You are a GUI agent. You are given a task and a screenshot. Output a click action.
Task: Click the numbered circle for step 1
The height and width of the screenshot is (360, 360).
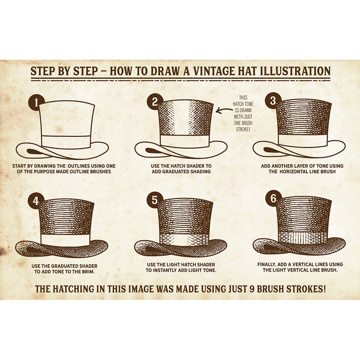coord(36,102)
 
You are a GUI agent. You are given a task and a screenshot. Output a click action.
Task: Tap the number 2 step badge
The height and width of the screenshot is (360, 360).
coord(155,102)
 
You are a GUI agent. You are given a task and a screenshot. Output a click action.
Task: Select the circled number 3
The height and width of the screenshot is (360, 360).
coord(273,101)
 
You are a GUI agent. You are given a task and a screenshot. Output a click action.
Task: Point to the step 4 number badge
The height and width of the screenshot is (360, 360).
coord(36,201)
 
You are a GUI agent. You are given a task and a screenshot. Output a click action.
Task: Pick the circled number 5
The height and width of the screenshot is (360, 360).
coord(155,200)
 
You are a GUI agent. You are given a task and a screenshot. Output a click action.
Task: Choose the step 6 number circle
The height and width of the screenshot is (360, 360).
coord(273,199)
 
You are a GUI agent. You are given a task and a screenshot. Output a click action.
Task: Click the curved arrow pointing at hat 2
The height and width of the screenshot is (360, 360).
coord(224,110)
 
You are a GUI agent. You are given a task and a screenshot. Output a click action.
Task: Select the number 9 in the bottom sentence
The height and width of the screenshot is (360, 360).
coord(251,289)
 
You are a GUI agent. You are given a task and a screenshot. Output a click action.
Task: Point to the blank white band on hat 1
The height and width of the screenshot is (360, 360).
coord(66,142)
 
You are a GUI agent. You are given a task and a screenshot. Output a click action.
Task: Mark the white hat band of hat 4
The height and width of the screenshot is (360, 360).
coord(65,240)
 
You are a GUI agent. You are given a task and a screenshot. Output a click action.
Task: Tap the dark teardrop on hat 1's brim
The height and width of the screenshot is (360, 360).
coord(34,152)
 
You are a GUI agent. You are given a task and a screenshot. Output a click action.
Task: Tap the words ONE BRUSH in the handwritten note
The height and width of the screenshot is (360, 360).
coord(243,123)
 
